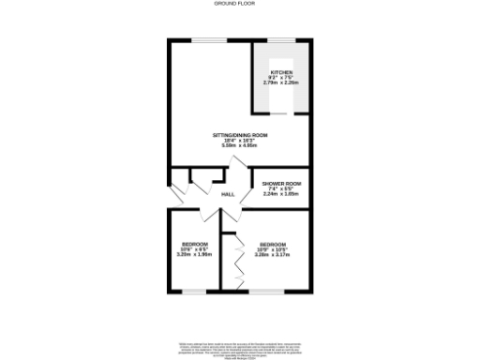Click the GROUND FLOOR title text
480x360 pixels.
click(x=240, y=5)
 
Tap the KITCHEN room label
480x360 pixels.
click(x=282, y=72)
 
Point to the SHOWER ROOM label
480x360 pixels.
click(x=281, y=183)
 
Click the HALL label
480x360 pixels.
click(x=228, y=194)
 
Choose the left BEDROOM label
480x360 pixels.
click(x=195, y=244)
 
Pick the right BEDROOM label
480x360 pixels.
click(x=273, y=244)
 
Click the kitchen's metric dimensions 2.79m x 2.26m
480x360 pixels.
click(x=282, y=83)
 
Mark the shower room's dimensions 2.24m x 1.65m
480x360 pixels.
click(x=281, y=193)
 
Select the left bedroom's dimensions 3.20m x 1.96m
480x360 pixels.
click(x=195, y=254)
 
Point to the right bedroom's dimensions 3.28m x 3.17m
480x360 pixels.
click(x=273, y=254)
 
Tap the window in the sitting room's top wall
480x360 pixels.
click(x=209, y=39)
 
